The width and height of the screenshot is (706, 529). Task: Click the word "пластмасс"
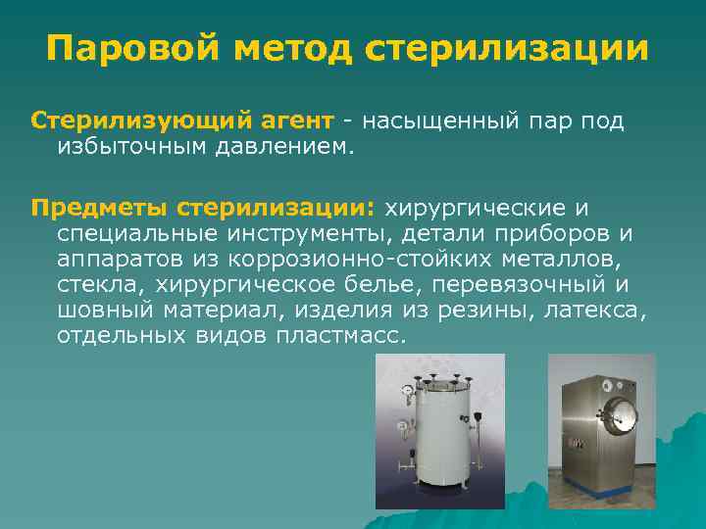(x=326, y=335)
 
